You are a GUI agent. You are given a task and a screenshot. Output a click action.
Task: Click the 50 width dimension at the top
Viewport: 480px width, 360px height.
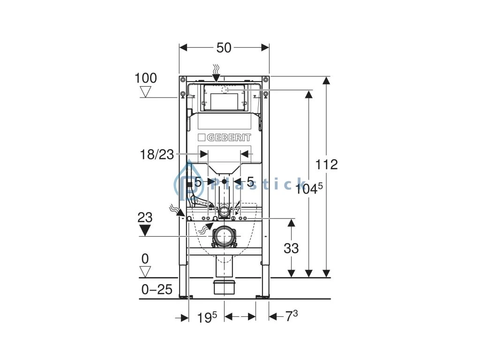pos(224,48)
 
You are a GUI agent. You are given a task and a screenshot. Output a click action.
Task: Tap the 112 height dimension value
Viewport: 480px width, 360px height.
pos(327,165)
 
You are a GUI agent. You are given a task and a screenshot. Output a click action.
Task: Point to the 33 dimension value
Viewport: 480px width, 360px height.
pos(291,248)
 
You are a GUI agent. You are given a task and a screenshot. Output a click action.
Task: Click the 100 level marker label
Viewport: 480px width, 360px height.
pos(146,78)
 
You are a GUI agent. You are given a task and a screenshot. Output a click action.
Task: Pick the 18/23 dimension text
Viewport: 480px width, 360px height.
pos(157,155)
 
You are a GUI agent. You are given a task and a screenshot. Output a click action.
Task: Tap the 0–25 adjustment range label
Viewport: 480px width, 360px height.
pos(157,289)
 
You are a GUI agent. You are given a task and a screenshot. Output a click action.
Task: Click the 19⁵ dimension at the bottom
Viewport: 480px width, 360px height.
pos(207,317)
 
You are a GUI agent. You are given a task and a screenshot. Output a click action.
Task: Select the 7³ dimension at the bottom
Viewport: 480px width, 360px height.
pos(292,316)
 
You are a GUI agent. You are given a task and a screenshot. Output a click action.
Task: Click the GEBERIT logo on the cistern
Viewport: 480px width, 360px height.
pos(225,137)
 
